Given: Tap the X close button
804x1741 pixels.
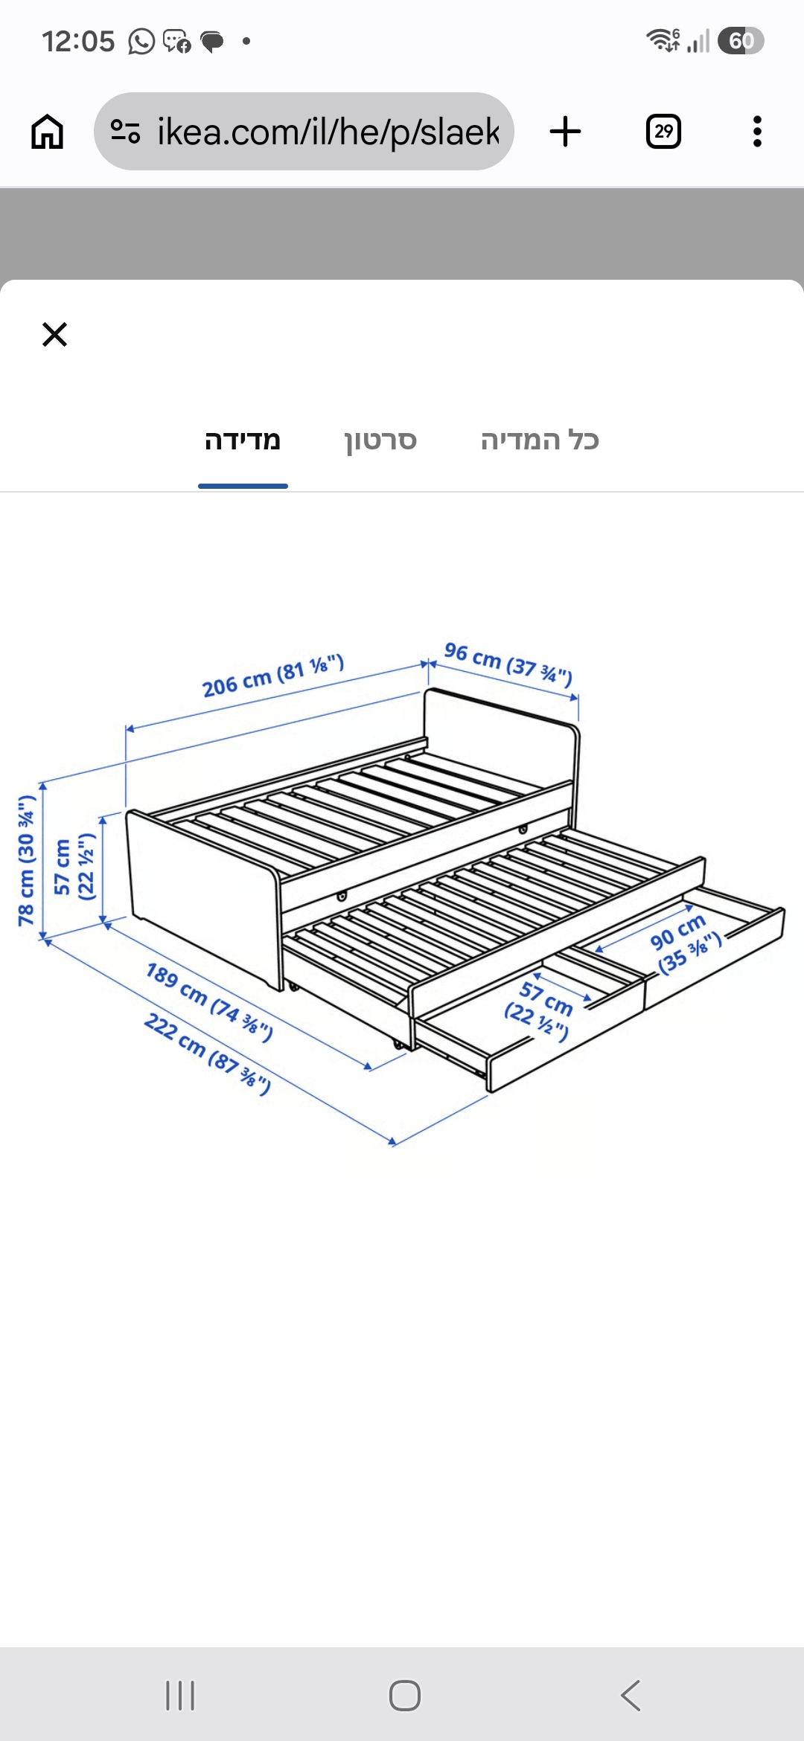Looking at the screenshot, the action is (x=54, y=335).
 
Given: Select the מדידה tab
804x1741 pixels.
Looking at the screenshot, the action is (x=243, y=440).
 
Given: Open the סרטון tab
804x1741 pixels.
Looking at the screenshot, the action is (x=380, y=440).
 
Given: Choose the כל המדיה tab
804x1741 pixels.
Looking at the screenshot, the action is (x=540, y=440).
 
